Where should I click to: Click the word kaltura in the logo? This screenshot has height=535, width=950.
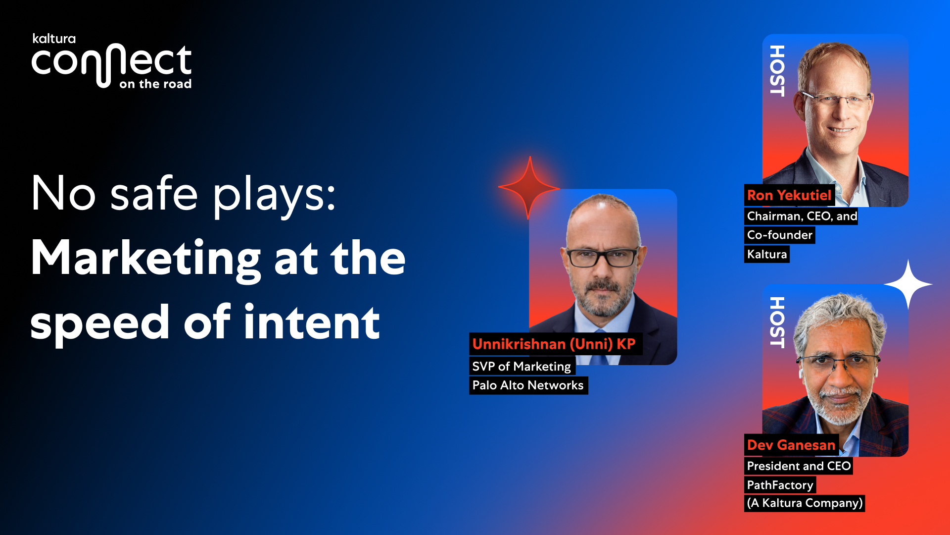coord(54,39)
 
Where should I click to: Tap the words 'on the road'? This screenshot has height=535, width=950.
coord(155,84)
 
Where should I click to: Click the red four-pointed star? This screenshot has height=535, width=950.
coord(529,188)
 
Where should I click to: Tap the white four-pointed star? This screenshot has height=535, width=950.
coord(908,284)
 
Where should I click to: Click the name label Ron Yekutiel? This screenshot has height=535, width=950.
coord(789,195)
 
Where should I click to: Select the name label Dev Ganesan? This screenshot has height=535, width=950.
coord(791,445)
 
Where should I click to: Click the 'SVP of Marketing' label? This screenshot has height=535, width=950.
coord(522,367)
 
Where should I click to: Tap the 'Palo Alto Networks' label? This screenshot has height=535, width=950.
coord(528,385)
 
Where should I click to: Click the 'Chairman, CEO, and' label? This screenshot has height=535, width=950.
coord(801,216)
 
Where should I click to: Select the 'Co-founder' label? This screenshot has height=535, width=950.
coord(780,235)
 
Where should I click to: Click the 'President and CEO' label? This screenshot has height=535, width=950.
coord(799,466)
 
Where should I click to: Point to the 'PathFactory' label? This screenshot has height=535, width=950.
coord(780,485)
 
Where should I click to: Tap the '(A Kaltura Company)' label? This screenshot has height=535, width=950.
coord(805,503)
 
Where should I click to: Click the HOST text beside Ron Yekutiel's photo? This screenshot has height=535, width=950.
coord(777,71)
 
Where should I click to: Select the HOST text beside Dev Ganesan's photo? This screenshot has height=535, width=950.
coord(777,322)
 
